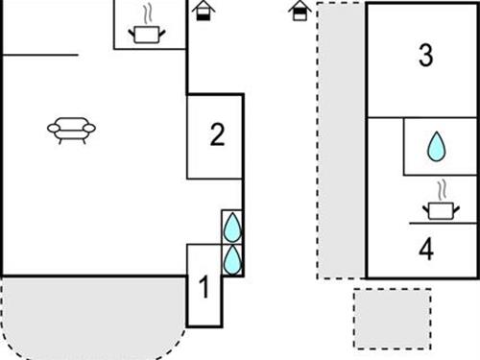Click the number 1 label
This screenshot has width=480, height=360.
point(203,286)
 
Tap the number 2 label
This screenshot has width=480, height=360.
point(217,135)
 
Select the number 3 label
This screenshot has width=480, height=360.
point(426,56)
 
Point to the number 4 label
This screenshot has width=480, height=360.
point(426,249)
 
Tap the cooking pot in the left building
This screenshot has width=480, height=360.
point(146,34)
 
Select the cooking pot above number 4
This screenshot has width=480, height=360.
point(439,207)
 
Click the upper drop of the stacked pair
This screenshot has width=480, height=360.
point(231,228)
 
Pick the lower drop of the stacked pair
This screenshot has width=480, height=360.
point(231,258)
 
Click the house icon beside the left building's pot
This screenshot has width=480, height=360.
point(203,11)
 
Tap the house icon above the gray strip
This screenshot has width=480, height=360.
point(301,11)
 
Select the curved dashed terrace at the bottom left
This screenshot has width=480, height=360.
point(91,317)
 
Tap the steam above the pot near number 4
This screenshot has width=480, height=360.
point(440,188)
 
